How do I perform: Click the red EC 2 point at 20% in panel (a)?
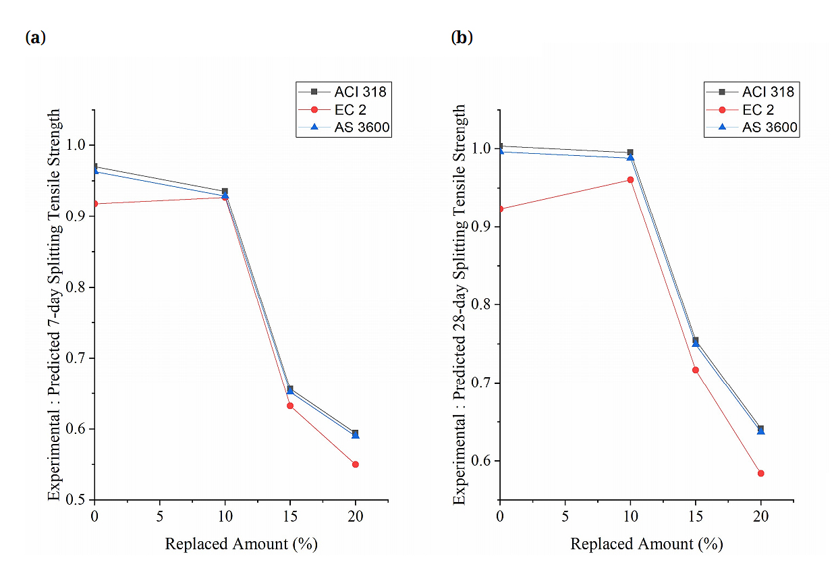(x=356, y=464)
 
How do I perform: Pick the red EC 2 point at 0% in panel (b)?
(x=500, y=209)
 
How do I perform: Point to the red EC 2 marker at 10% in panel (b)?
(x=630, y=179)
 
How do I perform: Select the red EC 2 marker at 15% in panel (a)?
(x=290, y=406)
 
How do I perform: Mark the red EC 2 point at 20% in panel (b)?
(x=761, y=473)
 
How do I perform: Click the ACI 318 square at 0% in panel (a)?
(x=95, y=167)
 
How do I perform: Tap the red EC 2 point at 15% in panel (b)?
(x=696, y=370)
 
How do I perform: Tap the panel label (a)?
(x=35, y=38)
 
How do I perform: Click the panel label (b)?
(x=462, y=38)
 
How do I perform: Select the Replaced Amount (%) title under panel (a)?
(x=241, y=544)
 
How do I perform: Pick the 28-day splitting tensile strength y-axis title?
(x=460, y=304)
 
